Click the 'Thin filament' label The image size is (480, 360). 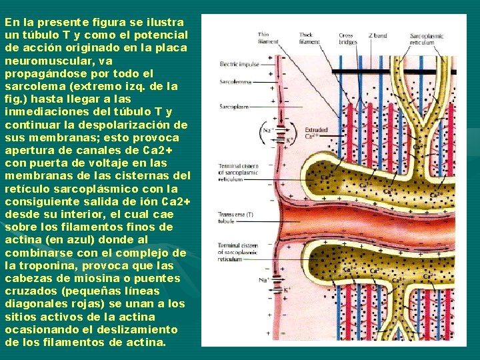264,37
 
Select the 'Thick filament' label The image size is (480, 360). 306,37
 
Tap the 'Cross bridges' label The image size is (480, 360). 347,39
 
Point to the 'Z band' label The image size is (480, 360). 377,35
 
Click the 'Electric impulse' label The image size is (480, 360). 239,64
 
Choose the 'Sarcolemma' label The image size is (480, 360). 235,83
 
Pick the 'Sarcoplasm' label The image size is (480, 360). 234,106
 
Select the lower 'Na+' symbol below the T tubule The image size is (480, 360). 265,281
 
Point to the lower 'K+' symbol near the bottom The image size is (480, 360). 287,290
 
